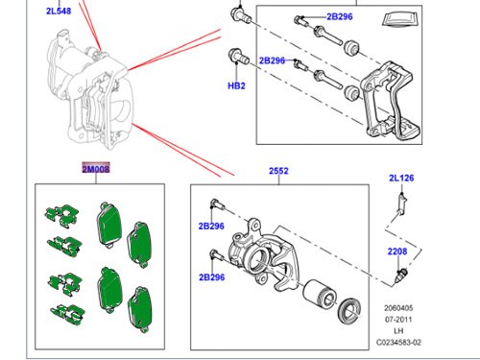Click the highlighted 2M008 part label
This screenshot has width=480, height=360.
pos(96,168)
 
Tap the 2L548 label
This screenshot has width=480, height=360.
pos(59,11)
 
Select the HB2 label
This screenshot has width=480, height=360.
pos(236,85)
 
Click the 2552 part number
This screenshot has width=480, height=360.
pos(278,171)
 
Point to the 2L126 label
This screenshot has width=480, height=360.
pos(401,178)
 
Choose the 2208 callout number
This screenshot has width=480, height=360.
pos(397,252)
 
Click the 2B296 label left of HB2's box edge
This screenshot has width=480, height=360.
pos(272,60)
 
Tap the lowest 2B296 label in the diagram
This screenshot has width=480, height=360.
pos(211,277)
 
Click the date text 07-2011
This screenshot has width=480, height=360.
pos(398,320)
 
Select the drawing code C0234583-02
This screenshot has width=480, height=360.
pos(398,343)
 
